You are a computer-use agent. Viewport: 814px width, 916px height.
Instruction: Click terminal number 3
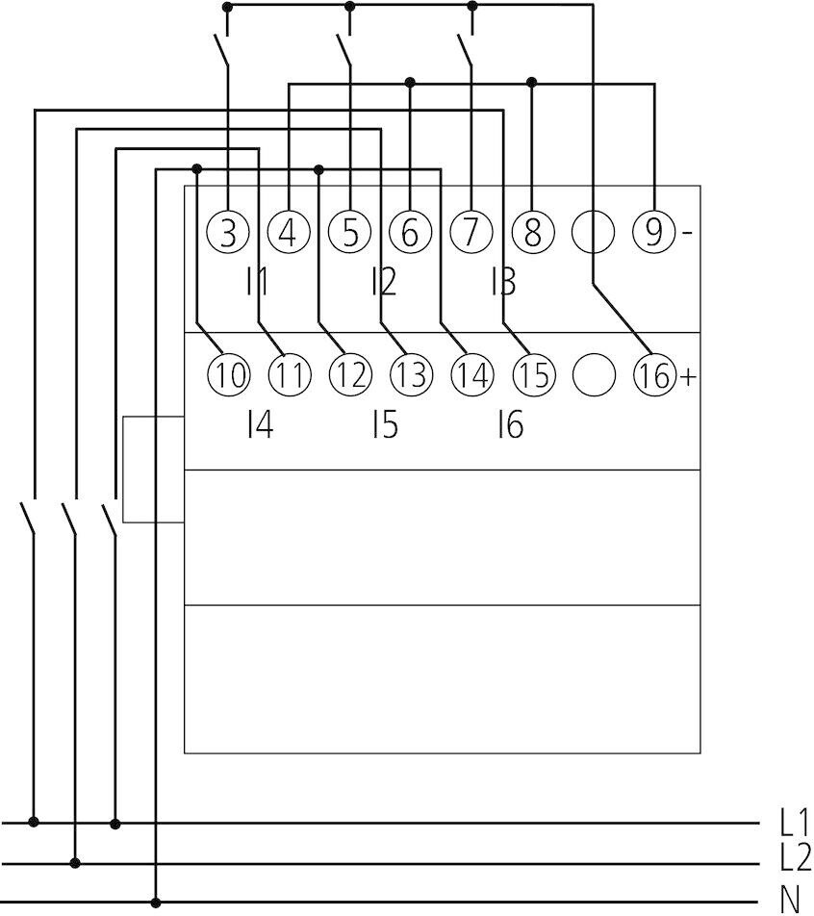(x=228, y=233)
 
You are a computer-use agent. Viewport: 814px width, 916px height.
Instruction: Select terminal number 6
(x=410, y=233)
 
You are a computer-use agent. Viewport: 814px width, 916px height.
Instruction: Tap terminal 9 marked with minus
(x=653, y=233)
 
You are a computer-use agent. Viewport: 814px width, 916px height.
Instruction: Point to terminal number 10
(x=228, y=375)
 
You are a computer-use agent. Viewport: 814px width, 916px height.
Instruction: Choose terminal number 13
(x=410, y=375)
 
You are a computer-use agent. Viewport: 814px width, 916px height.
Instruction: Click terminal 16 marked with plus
(x=653, y=375)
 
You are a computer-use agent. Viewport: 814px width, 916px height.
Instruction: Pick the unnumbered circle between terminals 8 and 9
(x=593, y=233)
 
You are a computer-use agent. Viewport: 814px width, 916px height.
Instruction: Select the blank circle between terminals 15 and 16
(x=593, y=375)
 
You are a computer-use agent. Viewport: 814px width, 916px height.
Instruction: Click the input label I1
(x=257, y=282)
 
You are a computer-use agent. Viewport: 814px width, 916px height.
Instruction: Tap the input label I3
(x=502, y=282)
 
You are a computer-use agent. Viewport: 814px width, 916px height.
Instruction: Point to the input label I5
(x=384, y=424)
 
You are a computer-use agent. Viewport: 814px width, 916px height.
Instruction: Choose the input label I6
(x=509, y=424)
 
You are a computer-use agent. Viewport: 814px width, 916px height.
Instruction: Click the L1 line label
(x=794, y=822)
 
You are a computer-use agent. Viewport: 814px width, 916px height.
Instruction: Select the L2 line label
(x=796, y=857)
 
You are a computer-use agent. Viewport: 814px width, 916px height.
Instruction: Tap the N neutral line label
(x=790, y=899)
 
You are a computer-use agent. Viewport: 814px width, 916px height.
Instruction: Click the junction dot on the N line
(x=156, y=903)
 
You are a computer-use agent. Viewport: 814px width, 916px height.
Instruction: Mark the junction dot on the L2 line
(x=75, y=863)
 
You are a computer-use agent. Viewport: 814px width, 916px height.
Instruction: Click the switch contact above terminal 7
(x=466, y=51)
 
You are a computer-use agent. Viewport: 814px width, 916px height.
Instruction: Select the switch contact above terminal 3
(x=221, y=51)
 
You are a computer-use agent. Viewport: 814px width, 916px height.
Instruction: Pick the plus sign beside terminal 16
(x=687, y=376)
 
